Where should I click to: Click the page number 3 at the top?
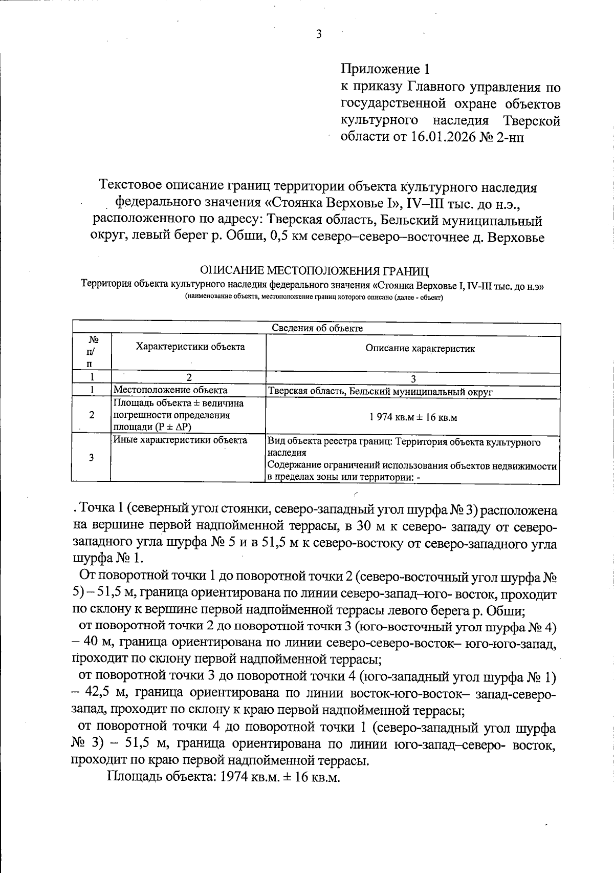[x=318, y=34]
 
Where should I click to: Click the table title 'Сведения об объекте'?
[x=317, y=328]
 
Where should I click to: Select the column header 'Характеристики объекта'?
[x=190, y=347]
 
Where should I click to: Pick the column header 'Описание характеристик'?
[x=420, y=349]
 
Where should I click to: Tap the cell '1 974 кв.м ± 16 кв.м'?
[x=413, y=417]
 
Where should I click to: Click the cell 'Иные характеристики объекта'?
[x=180, y=440]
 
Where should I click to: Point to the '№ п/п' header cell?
[x=92, y=352]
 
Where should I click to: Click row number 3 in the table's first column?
[x=91, y=458]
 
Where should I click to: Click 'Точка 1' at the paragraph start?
[x=98, y=509]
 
